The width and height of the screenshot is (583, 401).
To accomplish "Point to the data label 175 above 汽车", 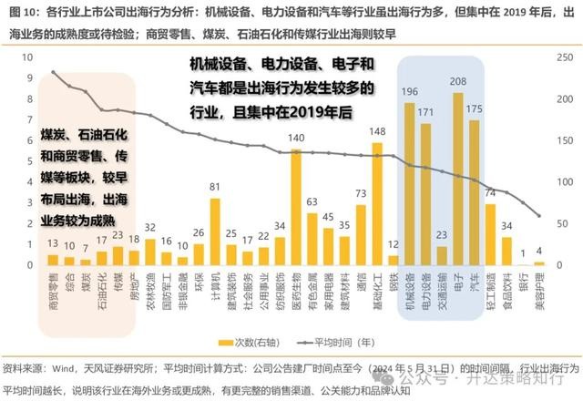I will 474,109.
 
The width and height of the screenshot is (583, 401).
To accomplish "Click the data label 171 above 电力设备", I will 424,113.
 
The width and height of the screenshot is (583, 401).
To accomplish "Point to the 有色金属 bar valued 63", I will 312,239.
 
